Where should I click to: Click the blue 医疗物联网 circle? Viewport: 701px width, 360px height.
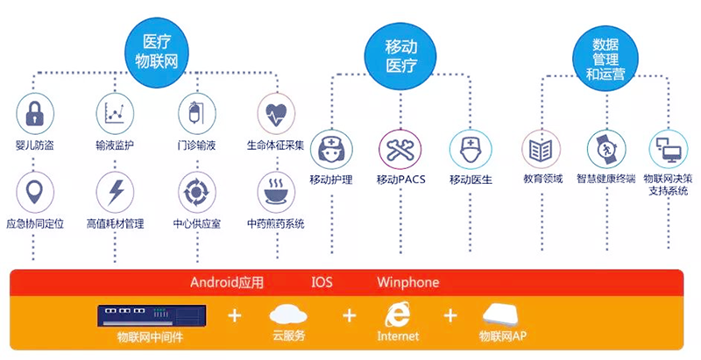(157, 50)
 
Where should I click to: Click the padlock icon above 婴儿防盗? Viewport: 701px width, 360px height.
(35, 113)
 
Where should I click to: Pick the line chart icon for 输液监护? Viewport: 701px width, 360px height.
(115, 113)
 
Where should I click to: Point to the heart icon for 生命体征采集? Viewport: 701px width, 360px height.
(276, 113)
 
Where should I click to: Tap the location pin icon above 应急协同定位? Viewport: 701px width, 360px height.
(35, 191)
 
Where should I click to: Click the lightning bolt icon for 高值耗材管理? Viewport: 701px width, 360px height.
(115, 191)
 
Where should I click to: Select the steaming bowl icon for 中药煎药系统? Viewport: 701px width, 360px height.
(276, 191)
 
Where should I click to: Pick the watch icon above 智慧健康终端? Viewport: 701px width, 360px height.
(604, 149)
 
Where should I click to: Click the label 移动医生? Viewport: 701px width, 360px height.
(471, 180)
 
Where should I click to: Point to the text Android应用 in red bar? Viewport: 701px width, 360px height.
(227, 283)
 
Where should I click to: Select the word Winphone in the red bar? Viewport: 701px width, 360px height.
(407, 283)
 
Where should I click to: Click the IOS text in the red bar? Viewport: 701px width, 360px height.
(322, 283)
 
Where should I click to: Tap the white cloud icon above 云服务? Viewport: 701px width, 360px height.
(288, 314)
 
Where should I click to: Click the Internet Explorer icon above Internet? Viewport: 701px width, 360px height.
(398, 314)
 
